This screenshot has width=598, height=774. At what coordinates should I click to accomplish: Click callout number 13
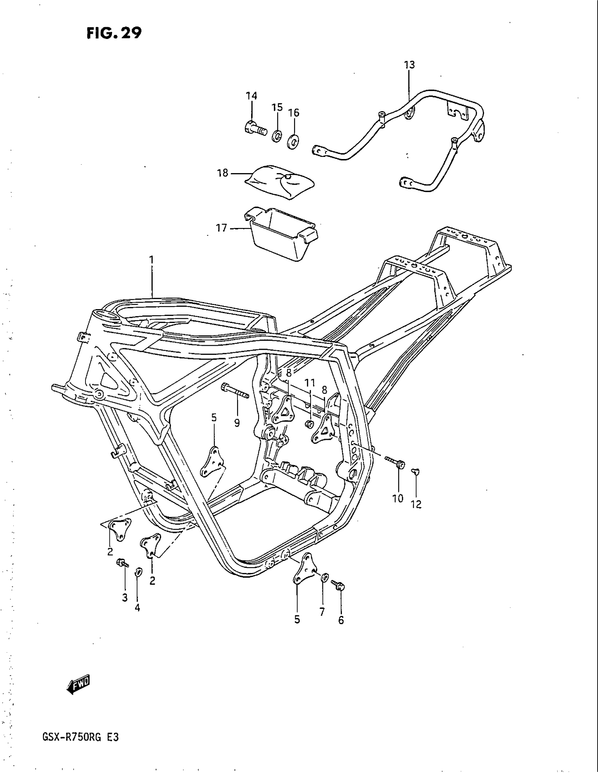[x=409, y=65]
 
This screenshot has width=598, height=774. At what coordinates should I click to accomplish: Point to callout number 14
[x=252, y=96]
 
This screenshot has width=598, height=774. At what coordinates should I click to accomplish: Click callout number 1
[x=152, y=260]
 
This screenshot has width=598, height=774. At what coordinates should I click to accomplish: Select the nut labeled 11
[x=308, y=424]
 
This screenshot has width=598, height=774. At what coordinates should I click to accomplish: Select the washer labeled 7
[x=324, y=578]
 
